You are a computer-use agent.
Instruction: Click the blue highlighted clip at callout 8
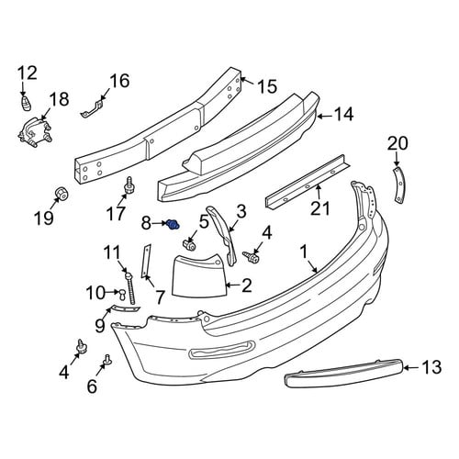pos(174,225)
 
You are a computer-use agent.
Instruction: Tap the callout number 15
pos(267,86)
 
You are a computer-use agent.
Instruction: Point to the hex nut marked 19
pos(62,193)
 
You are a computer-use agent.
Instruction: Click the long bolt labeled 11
pos(129,288)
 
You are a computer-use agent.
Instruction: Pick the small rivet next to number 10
pos(123,295)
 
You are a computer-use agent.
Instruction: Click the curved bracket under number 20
pos(400,185)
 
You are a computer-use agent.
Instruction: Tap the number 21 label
pos(320,208)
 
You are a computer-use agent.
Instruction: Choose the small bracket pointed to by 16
pos(93,108)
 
